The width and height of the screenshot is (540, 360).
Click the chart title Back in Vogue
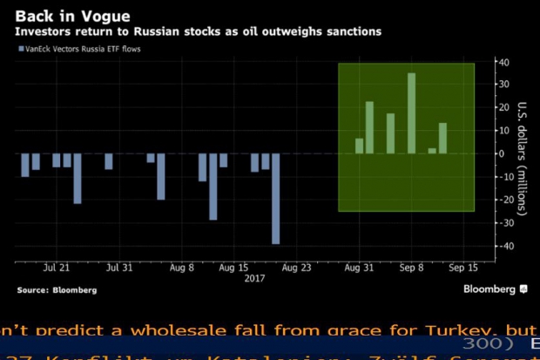point(59,16)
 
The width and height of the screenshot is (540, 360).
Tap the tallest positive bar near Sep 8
point(412,113)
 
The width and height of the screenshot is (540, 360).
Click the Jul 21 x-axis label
point(57,268)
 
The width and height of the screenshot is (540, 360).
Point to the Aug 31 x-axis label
point(359,268)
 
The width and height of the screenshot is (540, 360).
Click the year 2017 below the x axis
point(253,279)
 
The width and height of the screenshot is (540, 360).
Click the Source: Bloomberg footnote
point(57,289)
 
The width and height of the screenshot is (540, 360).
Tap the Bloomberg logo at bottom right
point(495,289)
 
